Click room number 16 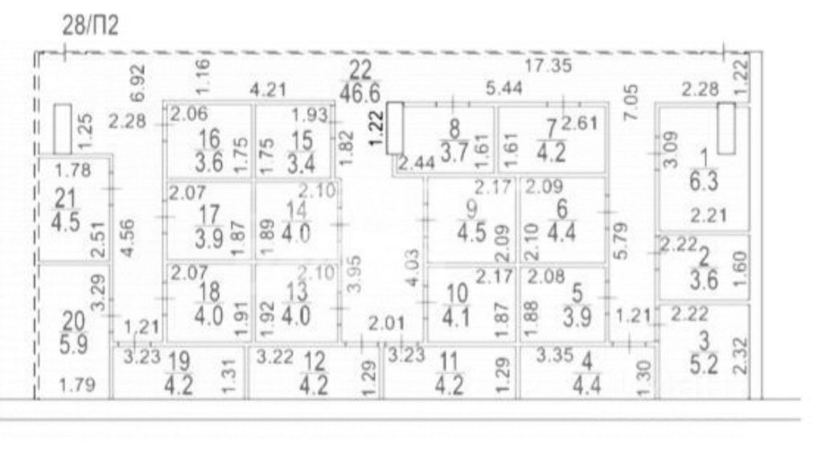tap(208, 139)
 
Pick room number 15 tap(302, 139)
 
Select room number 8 tap(456, 127)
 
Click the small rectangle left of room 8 tap(394, 129)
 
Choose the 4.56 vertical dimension tap(125, 236)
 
